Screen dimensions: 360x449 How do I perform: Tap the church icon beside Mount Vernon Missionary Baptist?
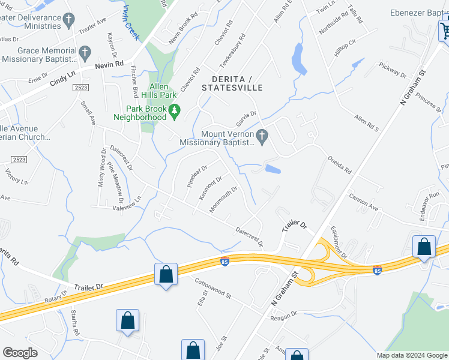click(x=261, y=135)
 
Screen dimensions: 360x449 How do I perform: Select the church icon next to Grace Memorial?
click(x=85, y=52)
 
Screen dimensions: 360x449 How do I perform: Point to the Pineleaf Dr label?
click(x=197, y=176)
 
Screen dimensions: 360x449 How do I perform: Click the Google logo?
click(x=20, y=353)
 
